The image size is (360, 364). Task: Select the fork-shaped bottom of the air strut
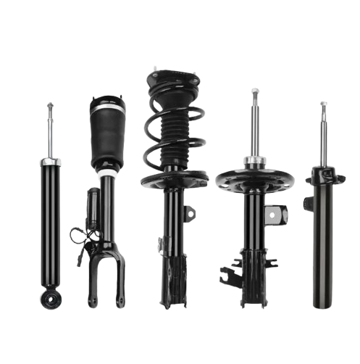106,283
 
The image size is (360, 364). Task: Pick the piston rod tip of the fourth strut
254,91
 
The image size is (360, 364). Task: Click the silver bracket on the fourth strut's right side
277,213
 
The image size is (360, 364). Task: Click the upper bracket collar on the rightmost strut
324,176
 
